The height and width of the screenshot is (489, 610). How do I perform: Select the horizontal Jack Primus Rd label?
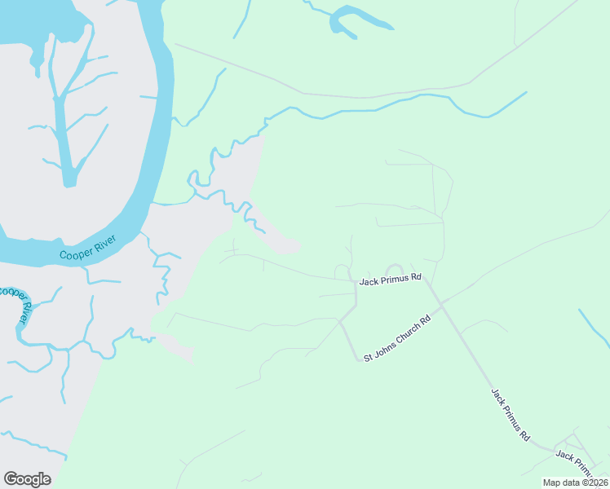(x=391, y=278)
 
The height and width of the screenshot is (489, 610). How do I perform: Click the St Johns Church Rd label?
(x=397, y=337)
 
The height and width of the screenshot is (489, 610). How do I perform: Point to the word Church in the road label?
(x=411, y=328)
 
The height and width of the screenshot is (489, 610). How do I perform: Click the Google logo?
(x=27, y=478)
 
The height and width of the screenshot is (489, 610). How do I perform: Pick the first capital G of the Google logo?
(x=11, y=478)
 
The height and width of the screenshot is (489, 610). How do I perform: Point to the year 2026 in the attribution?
(x=595, y=482)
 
